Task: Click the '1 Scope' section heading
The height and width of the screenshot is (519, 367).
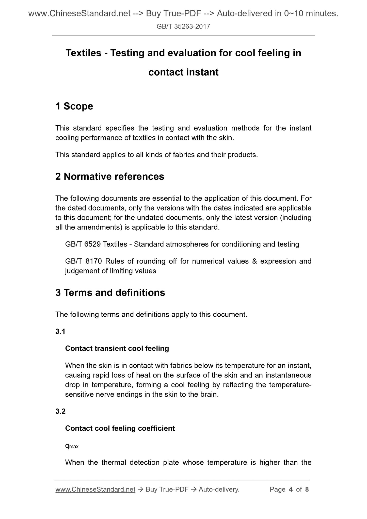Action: coord(74,106)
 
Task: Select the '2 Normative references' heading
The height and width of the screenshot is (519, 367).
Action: coord(110,176)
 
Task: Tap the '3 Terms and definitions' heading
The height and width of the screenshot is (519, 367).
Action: coord(110,293)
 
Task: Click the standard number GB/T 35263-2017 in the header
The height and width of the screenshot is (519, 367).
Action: coord(183,26)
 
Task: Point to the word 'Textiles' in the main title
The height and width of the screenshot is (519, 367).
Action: coord(83,53)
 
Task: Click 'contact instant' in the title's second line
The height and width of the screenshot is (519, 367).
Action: coord(183,72)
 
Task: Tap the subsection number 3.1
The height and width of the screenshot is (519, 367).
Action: coord(60,332)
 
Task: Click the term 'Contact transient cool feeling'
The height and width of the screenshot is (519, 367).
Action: coord(117,348)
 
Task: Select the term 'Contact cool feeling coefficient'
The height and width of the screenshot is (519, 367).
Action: coord(120,428)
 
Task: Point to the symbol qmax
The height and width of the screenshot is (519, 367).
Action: coord(72,446)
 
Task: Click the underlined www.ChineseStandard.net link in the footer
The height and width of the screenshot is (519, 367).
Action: coord(95,490)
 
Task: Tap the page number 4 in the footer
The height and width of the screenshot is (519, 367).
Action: coord(291,490)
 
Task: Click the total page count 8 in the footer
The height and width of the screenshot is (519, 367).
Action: coord(307,490)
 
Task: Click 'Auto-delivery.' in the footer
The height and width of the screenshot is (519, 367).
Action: coord(219,490)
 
